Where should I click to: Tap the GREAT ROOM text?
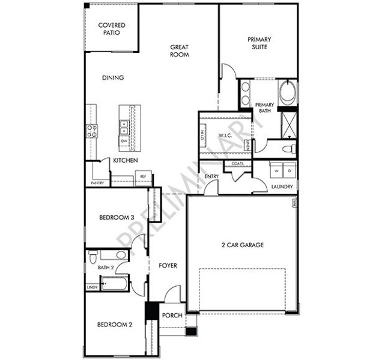(179, 50)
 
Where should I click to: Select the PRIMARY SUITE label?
(259, 43)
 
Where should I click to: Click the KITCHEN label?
(126, 161)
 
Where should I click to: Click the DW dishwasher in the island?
(124, 141)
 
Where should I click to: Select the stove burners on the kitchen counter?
(91, 131)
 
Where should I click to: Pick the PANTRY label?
(97, 182)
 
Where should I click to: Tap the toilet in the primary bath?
(288, 148)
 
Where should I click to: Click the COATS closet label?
(237, 164)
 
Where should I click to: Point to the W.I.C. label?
(225, 134)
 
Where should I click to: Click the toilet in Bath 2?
(92, 257)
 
